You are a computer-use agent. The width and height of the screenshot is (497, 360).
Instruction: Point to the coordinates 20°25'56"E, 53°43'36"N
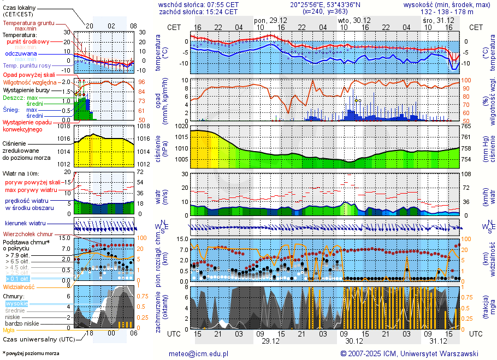click(x=333, y=4)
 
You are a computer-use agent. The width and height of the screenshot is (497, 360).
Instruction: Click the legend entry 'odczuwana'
click(x=21, y=53)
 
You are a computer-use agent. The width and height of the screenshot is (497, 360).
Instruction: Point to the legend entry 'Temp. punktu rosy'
click(x=27, y=65)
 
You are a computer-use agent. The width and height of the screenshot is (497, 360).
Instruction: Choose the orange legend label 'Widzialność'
click(x=19, y=286)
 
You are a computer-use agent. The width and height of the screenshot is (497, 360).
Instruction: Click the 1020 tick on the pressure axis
click(x=181, y=126)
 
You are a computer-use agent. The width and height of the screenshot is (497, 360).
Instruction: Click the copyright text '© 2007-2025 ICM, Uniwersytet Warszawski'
click(x=409, y=353)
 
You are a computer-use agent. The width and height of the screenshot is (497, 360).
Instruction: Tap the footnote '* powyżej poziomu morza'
click(x=31, y=353)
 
